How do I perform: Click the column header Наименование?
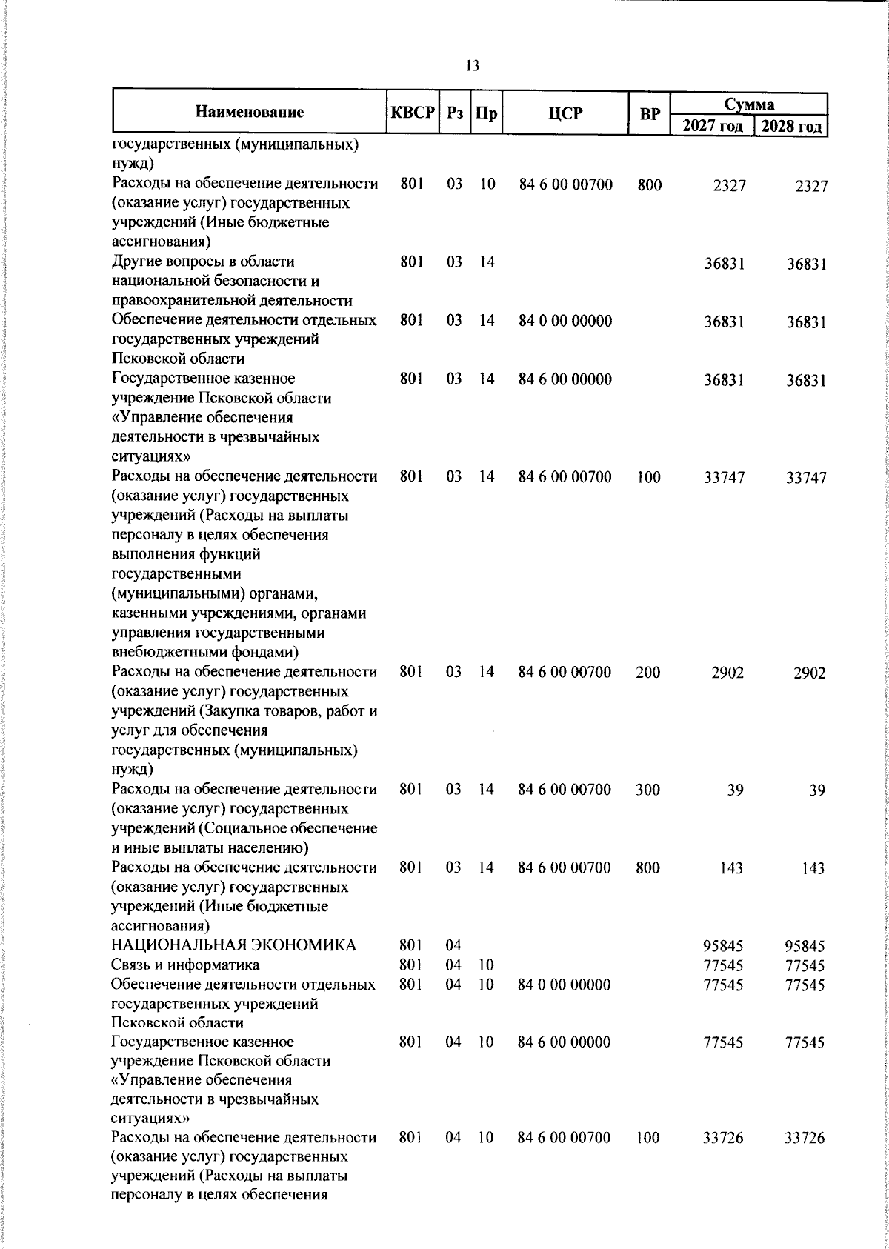coord(250,113)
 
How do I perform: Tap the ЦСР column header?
coord(565,113)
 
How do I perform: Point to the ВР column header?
coord(649,113)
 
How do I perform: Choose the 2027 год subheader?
coord(712,126)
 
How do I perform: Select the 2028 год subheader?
coord(791,126)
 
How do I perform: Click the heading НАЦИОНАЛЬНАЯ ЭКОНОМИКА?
coord(233,945)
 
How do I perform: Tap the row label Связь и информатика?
coord(185,965)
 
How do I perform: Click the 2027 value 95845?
coord(723,946)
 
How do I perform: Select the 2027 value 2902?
coord(727,673)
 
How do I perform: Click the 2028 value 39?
coord(816,790)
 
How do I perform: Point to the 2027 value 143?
coord(731,868)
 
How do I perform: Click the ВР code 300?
coord(648,790)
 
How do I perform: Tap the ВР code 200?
coord(648,673)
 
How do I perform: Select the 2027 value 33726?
coord(723,1159)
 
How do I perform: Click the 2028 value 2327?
coord(810,186)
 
